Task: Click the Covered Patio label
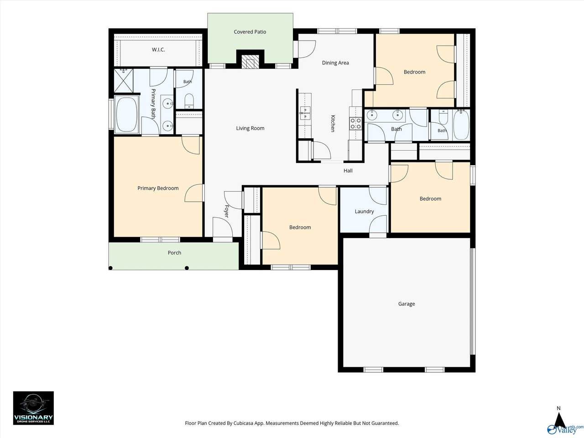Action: [x=250, y=32]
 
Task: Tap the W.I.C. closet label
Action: [x=158, y=50]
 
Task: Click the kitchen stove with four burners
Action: [x=355, y=123]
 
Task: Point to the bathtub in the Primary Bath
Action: [x=127, y=115]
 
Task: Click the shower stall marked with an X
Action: [x=124, y=81]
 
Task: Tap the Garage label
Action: [x=407, y=304]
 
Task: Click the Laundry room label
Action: [x=364, y=211]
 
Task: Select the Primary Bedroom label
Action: [x=158, y=188]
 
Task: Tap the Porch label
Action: [x=175, y=253]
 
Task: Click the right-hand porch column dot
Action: [x=187, y=268]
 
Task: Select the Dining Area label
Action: [x=335, y=63]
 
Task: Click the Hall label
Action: [x=348, y=171]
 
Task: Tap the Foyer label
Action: [x=227, y=211]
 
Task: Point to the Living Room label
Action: [x=250, y=129]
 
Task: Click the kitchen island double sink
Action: [x=305, y=113]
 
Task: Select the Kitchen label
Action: [x=333, y=123]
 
